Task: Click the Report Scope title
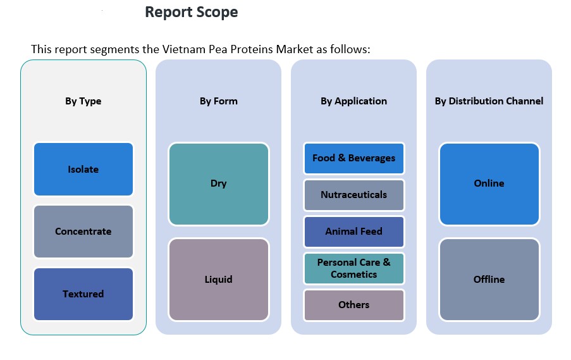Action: pos(191,12)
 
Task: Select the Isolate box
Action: pos(83,169)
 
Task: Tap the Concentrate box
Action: pos(83,232)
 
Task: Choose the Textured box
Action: pos(83,294)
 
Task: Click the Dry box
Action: pos(218,183)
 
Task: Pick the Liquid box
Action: pos(218,279)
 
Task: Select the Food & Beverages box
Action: pos(353,158)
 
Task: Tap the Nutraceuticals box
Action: pos(353,195)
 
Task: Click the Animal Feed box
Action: pos(353,232)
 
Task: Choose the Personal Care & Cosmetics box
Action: pos(353,268)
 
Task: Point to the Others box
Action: pos(353,305)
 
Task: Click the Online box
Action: pos(489,183)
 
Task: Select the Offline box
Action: pos(489,279)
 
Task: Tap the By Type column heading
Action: pos(83,101)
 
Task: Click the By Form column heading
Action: pos(218,101)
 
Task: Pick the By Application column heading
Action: pos(353,101)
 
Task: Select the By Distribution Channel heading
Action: pos(489,101)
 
